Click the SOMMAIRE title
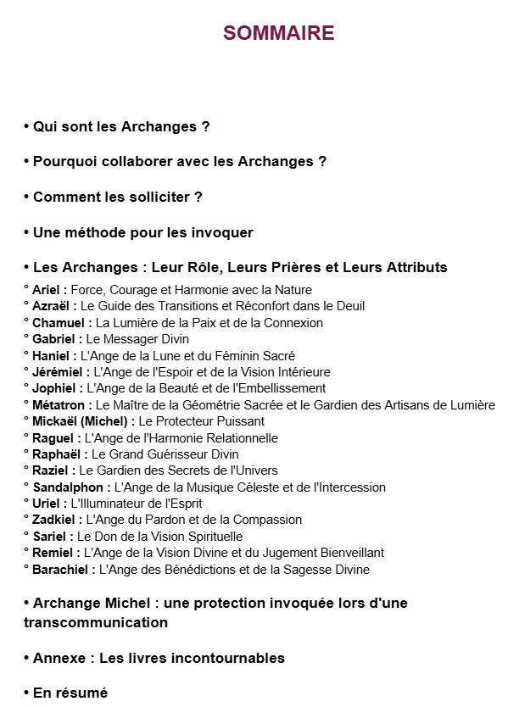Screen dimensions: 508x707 click(278, 33)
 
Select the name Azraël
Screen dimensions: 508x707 click(53, 306)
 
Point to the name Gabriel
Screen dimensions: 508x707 click(54, 339)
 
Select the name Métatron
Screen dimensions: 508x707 click(59, 405)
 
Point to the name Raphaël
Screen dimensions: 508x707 click(56, 454)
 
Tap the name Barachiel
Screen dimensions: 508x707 click(61, 570)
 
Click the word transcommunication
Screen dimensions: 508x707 click(96, 622)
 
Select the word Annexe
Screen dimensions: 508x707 click(62, 658)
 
